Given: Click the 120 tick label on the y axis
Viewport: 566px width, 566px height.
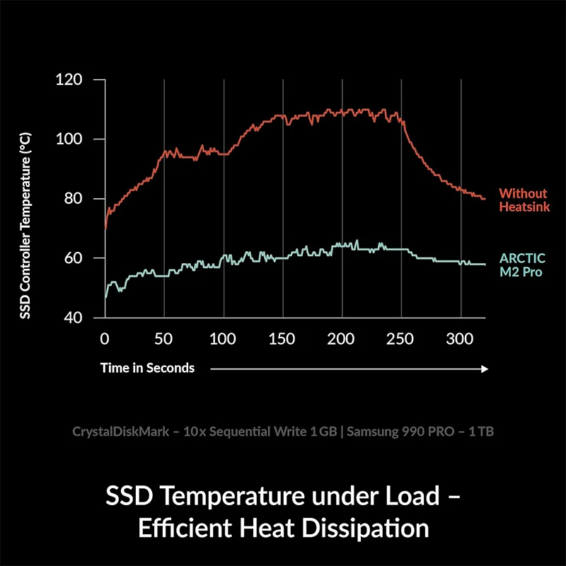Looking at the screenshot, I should pos(69,80).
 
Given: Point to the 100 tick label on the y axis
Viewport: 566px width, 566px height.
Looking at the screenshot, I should pos(69,139).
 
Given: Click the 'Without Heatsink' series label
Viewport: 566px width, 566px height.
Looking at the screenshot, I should pos(524,200).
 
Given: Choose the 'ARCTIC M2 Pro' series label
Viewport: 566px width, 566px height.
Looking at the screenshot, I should pos(522,265).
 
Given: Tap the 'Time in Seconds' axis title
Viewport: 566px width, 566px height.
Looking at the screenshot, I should pos(147,368).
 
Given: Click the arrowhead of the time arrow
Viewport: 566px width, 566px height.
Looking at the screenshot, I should pos(485,368).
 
